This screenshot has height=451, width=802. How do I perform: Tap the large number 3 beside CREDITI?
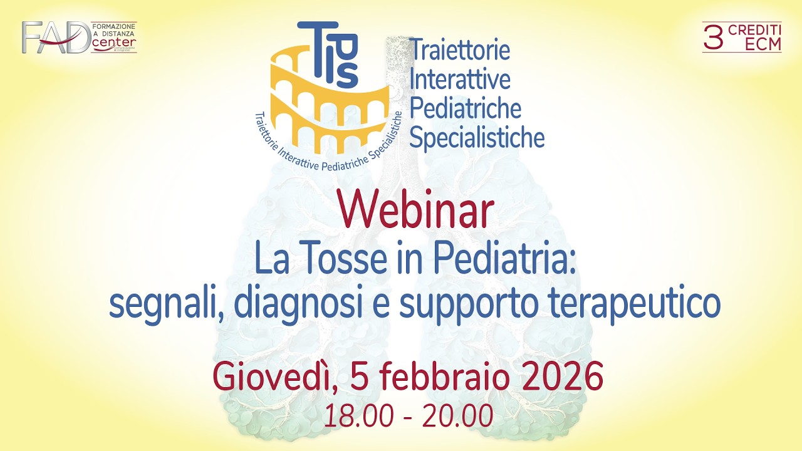coord(713,38)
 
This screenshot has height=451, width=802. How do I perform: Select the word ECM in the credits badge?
coord(763,44)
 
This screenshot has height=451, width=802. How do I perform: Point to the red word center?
coord(114,43)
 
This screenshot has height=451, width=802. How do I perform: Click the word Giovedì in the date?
coord(275,376)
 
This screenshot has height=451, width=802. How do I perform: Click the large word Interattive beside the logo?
coord(460,80)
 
